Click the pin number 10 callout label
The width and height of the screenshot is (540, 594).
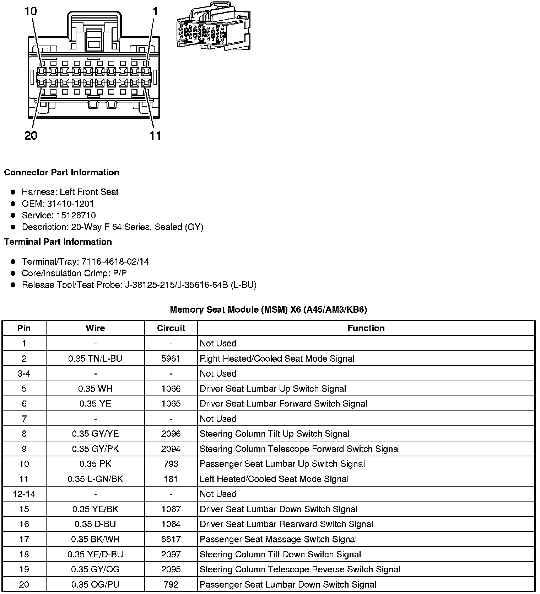point(31,11)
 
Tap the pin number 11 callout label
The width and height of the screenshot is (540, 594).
point(156,136)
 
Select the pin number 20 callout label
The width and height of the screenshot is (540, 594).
point(31,136)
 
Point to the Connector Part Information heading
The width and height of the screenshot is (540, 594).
point(61,173)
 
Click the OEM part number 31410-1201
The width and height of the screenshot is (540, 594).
point(70,203)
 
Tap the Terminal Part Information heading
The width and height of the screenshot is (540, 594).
point(58,242)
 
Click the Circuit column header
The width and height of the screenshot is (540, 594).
point(171,328)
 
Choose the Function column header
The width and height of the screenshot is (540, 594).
point(366,328)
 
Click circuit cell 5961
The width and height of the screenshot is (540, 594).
point(171,359)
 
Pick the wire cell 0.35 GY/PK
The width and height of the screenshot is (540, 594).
point(95,449)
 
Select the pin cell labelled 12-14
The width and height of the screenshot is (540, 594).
point(24,494)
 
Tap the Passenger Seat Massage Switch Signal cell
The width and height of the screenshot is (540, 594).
point(278,539)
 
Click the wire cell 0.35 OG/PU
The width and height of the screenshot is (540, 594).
point(95,584)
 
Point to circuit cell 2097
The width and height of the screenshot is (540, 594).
point(171,554)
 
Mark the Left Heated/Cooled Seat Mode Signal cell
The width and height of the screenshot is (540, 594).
point(274,479)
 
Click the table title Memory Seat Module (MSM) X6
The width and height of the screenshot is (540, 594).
point(269,309)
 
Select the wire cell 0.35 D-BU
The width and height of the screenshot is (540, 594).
point(95,524)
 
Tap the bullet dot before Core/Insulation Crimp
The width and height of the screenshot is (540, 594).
point(13,273)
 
